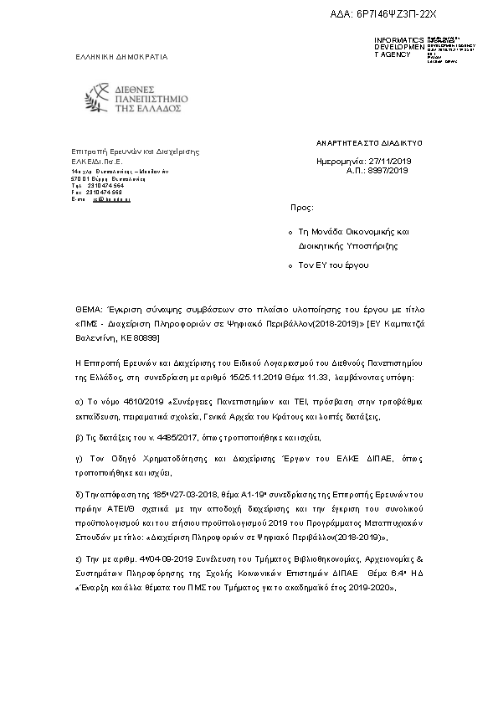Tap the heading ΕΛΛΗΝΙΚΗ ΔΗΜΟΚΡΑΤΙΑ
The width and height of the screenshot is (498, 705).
click(121, 57)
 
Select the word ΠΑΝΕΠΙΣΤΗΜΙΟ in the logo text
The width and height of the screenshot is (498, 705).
click(153, 98)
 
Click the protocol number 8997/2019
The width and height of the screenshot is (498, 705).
click(388, 169)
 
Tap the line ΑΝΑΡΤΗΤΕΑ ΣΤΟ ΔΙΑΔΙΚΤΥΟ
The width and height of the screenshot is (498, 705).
click(363, 143)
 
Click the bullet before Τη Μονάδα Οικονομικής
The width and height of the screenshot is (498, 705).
click(290, 231)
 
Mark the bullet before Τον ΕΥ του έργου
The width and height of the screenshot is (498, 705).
click(290, 265)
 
